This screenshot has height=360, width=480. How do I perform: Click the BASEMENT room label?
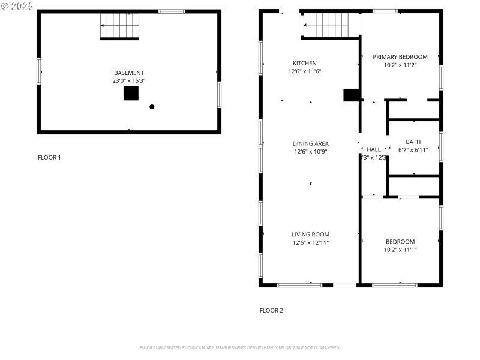click(129, 73)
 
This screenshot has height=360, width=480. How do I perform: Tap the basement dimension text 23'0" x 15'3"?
click(129, 80)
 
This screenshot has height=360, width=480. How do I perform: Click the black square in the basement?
click(131, 94)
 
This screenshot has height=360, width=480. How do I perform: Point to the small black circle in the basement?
click(152, 107)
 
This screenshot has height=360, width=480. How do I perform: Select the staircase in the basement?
click(119, 26)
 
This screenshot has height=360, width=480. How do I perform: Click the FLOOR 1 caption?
click(49, 158)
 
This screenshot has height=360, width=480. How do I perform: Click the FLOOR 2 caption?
click(271, 311)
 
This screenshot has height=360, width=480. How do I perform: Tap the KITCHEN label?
click(304, 63)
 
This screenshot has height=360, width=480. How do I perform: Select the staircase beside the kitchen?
click(325, 25)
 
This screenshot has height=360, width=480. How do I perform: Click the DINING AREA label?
click(310, 143)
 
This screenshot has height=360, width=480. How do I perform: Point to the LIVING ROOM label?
click(310, 235)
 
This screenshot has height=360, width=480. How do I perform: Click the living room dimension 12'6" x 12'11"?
click(310, 242)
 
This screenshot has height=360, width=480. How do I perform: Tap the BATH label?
click(413, 142)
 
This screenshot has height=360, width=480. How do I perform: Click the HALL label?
click(374, 149)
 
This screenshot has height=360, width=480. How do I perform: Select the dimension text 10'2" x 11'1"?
click(400, 250)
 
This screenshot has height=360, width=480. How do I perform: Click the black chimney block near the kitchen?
click(351, 95)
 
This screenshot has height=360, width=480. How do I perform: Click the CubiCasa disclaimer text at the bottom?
click(240, 347)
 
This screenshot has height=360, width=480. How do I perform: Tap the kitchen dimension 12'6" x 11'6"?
click(304, 71)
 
